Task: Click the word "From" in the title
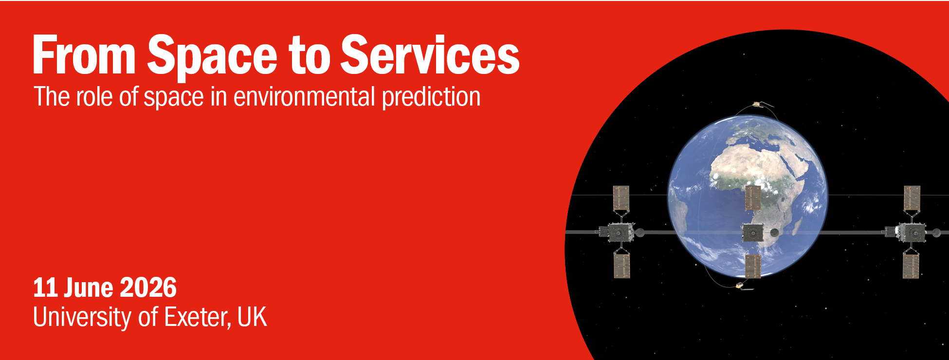pos(84,55)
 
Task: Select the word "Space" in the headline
pos(212,57)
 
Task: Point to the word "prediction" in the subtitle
pos(432,97)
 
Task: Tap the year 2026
pos(148,288)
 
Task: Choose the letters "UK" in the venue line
pos(253,317)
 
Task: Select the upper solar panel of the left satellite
pos(621,198)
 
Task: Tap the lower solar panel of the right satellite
pos(911,266)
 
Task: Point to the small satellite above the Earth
pos(757,104)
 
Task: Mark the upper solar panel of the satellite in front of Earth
pos(753,198)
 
